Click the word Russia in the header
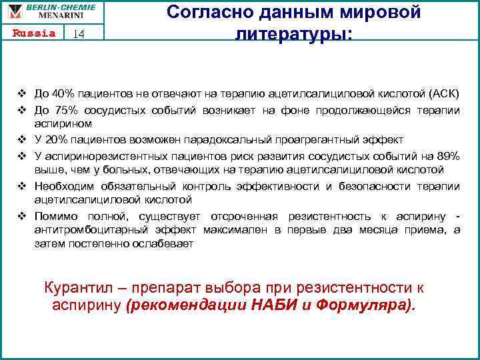coord(33,34)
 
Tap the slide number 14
coord(79,35)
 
